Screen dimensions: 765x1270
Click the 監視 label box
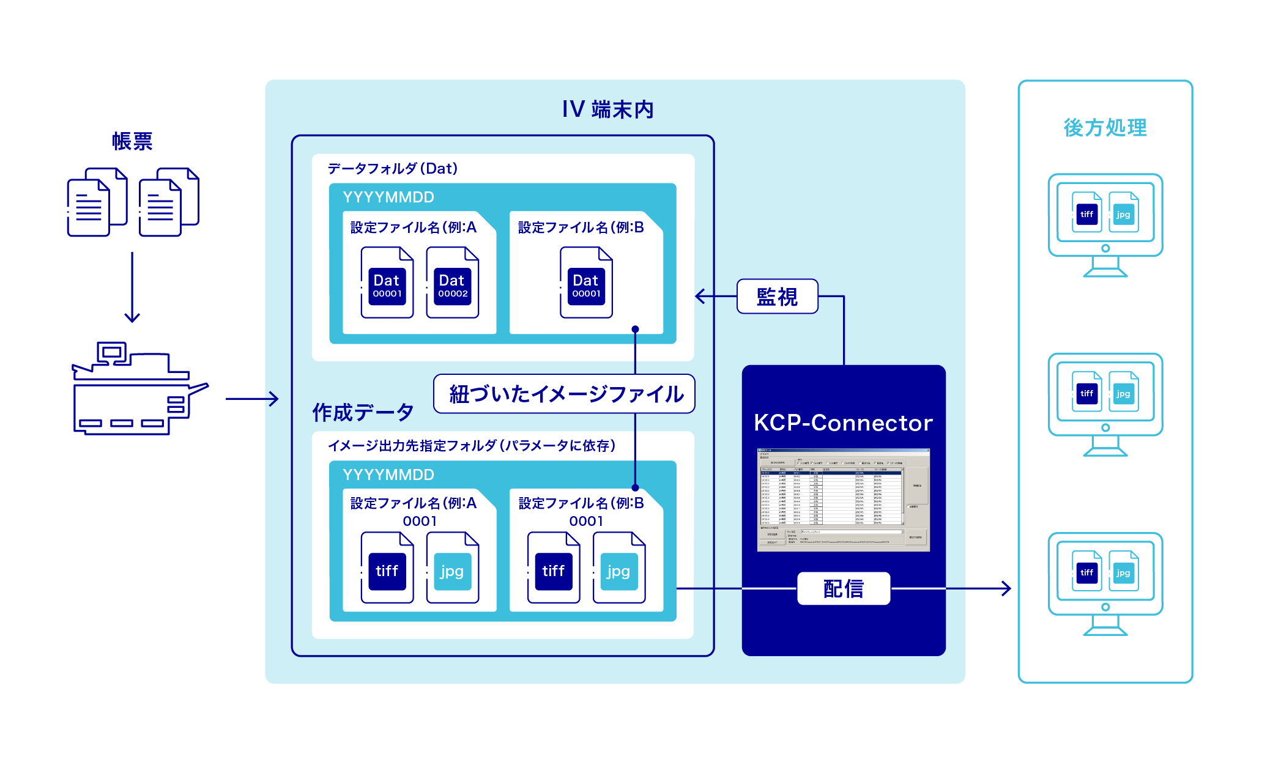777,297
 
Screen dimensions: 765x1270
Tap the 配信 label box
843,588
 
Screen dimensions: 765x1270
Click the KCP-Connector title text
843,423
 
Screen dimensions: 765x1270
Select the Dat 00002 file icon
453,283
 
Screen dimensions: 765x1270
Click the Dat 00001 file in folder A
387,283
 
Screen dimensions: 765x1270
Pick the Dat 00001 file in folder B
586,283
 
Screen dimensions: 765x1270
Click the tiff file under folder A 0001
387,568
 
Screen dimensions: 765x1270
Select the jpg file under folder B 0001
619,568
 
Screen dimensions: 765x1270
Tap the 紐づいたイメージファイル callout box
564,394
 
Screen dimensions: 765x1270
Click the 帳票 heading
132,141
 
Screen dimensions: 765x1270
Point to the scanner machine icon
138,389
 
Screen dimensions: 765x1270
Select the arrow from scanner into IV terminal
251,399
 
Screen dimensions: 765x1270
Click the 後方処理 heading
1105,127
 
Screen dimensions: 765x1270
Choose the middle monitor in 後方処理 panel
1105,404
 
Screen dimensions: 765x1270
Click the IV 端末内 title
607,109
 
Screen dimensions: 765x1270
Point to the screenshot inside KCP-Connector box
843,500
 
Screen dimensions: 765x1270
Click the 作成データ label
363,412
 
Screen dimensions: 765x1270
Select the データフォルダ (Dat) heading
392,168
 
